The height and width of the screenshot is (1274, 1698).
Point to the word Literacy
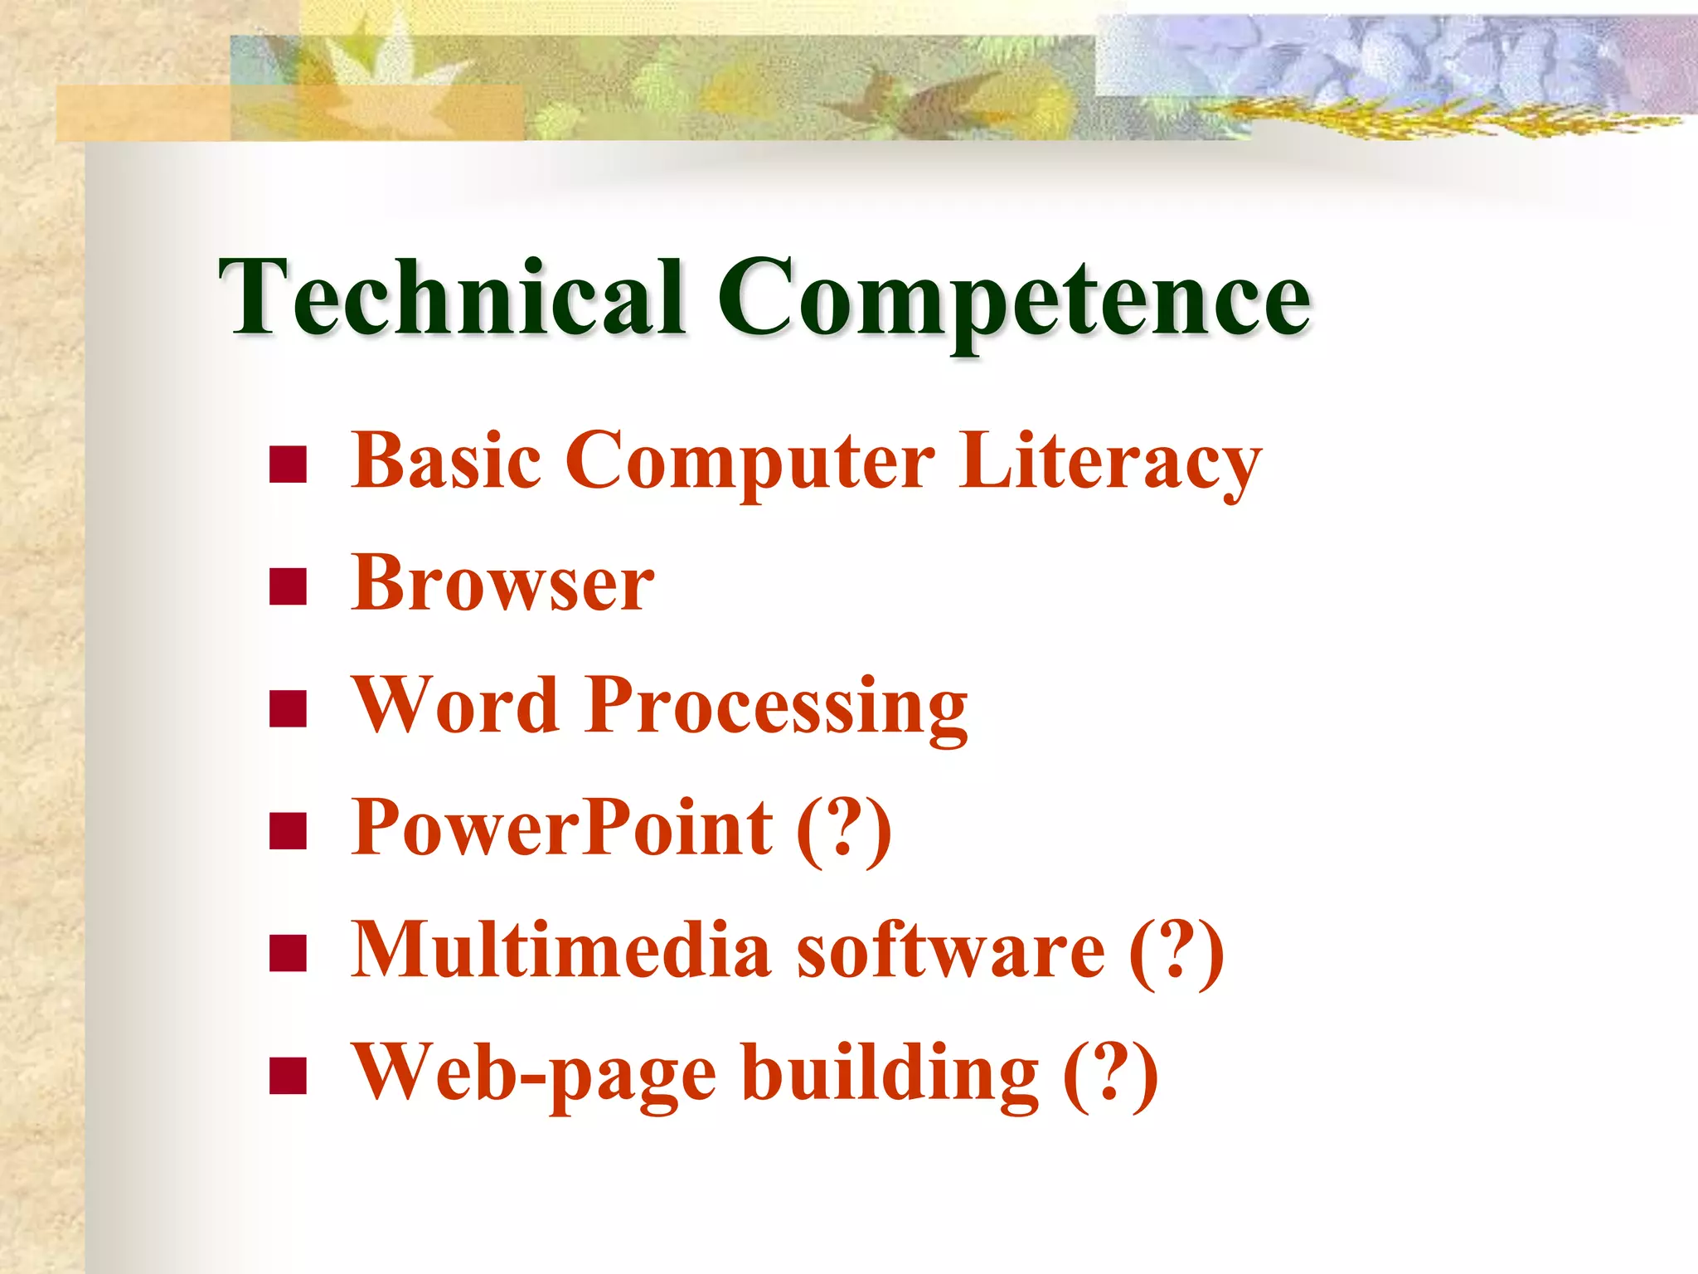click(1111, 463)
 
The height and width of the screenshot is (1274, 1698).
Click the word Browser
click(502, 583)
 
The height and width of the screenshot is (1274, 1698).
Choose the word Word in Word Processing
click(455, 705)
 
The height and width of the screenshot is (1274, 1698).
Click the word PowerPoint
click(562, 828)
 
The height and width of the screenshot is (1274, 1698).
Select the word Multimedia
click(561, 950)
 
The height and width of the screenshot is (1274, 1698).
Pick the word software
click(951, 950)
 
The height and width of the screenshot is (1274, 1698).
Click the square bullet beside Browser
click(288, 586)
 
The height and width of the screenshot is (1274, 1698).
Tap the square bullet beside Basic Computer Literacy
click(288, 464)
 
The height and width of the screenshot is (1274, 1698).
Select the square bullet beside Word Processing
click(288, 708)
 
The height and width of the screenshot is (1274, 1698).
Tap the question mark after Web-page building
click(1111, 1073)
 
